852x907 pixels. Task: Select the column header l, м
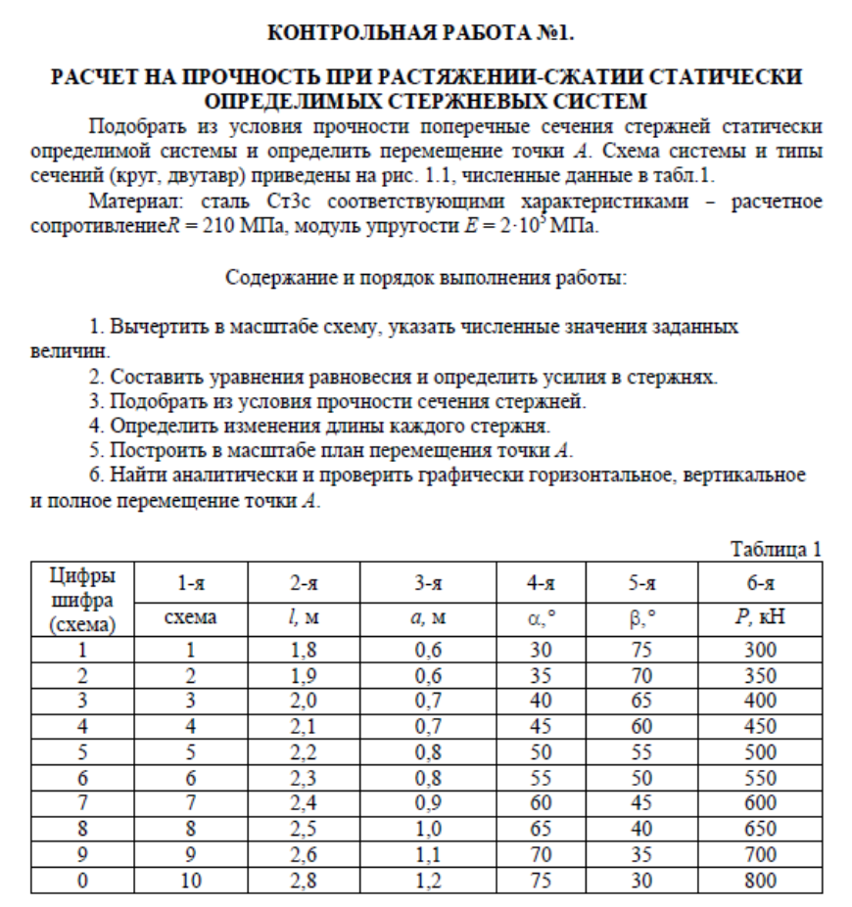(306, 617)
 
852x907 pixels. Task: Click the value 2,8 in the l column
(306, 880)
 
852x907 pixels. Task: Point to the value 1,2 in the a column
(426, 880)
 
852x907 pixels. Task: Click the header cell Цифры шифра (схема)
(82, 597)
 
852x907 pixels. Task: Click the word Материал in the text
(126, 203)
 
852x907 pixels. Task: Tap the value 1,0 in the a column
(426, 829)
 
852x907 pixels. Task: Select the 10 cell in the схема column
(191, 880)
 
